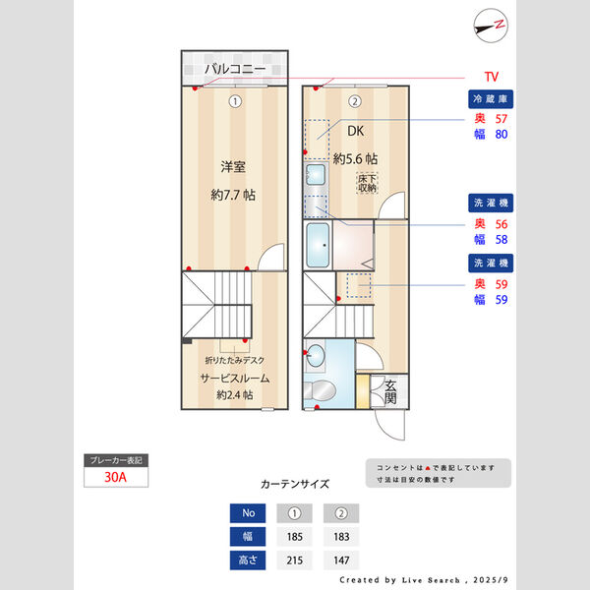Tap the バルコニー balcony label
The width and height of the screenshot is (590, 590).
pos(235,70)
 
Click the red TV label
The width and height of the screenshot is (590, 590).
pos(491,77)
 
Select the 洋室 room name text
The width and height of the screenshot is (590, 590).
pos(233,165)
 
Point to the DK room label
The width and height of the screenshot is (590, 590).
pos(354,129)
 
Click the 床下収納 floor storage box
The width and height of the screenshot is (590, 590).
pos(367,182)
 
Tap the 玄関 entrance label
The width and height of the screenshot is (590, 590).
pos(390,391)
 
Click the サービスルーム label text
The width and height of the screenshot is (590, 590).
pos(235,378)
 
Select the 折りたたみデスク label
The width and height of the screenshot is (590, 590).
pos(235,360)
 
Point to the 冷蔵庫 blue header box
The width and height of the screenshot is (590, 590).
pos(491,99)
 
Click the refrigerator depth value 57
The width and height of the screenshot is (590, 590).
pos(501,118)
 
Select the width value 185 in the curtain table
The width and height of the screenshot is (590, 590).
pos(293,537)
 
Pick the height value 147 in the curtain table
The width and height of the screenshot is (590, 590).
pos(341,560)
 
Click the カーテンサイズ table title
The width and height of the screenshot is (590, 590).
pos(295,485)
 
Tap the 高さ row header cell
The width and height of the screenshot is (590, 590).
pos(248,560)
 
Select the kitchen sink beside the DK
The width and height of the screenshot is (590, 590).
pos(315,177)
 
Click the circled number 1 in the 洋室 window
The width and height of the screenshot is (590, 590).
pos(234,100)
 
